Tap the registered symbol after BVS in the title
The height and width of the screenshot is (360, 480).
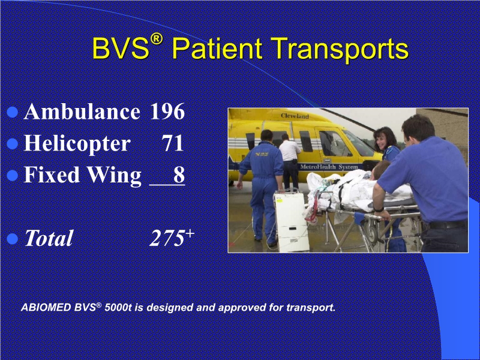[157, 39]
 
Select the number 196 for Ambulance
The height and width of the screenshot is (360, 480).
[167, 112]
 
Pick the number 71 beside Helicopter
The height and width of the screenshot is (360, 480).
[173, 143]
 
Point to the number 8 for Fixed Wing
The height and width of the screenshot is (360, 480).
[179, 175]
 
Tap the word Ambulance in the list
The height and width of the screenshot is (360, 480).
[82, 112]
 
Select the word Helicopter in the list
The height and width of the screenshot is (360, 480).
[77, 143]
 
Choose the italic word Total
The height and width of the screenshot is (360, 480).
[48, 238]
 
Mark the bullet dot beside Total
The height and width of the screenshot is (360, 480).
[13, 238]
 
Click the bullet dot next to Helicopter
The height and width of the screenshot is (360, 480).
[13, 144]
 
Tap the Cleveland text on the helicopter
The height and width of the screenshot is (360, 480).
[295, 115]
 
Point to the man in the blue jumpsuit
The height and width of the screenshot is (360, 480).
[262, 180]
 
